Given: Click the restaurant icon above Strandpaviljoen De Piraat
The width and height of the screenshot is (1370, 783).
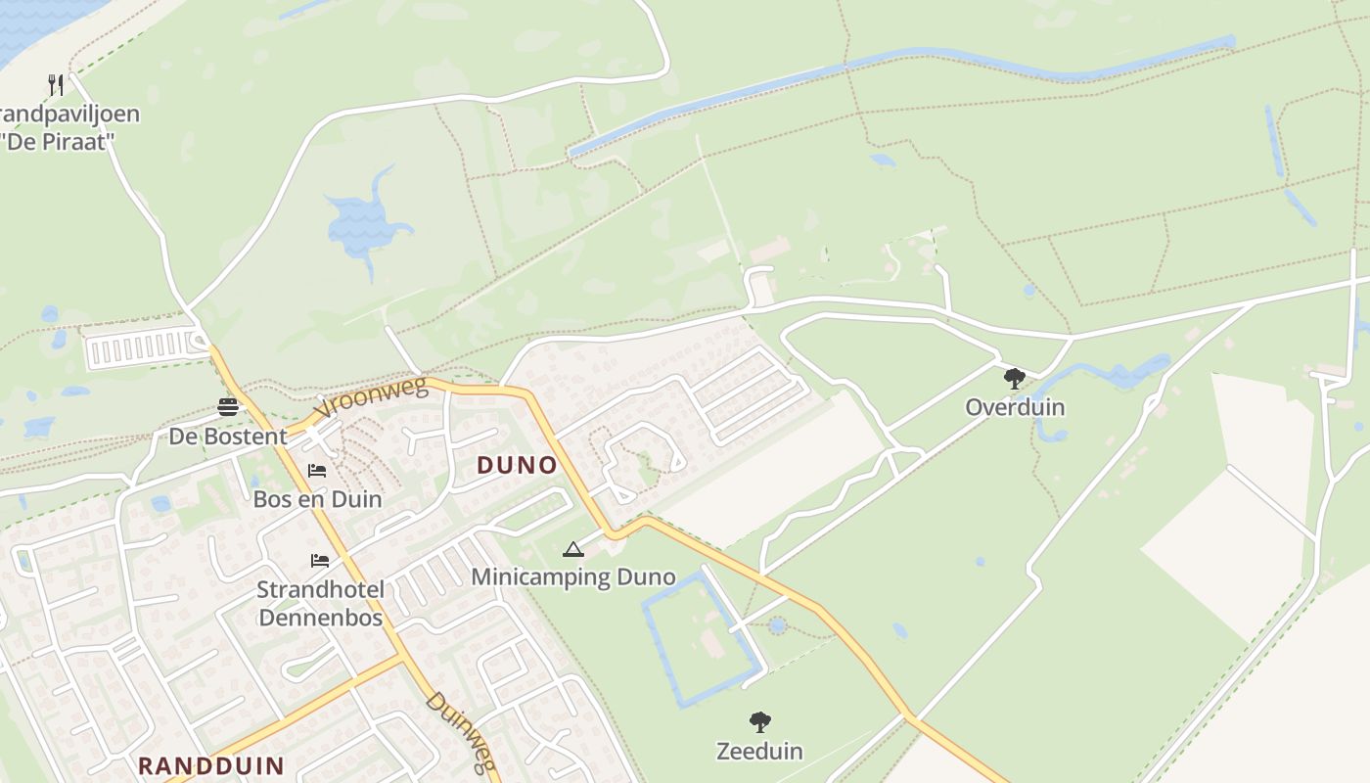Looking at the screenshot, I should click(56, 84).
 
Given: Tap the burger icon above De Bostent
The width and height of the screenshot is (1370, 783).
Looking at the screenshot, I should click(228, 407).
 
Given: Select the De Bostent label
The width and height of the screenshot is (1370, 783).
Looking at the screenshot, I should click(228, 437).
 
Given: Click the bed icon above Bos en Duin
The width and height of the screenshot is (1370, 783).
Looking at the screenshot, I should click(317, 471).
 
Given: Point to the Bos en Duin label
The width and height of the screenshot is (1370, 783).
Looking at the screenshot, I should click(317, 499).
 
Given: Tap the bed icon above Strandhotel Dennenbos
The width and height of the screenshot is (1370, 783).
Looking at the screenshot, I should click(320, 561).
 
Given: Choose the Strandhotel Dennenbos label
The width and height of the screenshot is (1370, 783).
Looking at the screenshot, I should click(320, 604).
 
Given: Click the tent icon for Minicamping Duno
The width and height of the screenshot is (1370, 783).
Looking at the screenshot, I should click(572, 550).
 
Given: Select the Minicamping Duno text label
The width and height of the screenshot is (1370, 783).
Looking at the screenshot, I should click(573, 576).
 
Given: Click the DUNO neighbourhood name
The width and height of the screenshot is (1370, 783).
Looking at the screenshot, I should click(517, 466).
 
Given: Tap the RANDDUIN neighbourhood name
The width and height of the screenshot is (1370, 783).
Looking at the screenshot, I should click(210, 765).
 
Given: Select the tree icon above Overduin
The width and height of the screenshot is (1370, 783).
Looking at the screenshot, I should click(1015, 378).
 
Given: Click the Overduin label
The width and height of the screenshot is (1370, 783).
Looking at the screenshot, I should click(1015, 407).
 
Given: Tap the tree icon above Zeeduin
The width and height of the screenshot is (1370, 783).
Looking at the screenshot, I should click(759, 723).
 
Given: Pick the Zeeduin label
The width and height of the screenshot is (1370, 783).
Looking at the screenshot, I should click(759, 752).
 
